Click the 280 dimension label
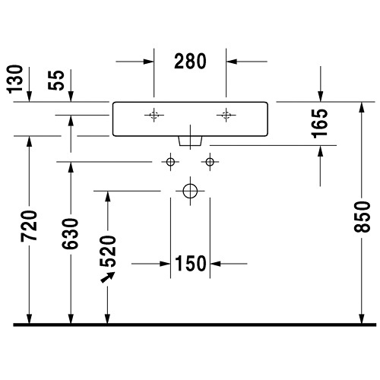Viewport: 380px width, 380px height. [190, 62]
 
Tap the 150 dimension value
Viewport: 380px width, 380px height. [191, 264]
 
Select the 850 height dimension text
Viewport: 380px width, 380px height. [362, 217]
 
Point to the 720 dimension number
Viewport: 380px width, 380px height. [30, 226]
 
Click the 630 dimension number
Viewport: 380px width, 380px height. [71, 234]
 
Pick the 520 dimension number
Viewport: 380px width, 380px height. [108, 252]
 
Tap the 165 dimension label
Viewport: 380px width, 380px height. [320, 123]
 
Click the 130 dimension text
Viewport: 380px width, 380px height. [14, 79]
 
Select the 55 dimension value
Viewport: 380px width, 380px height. [56, 80]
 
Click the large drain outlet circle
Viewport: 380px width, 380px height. [190, 184]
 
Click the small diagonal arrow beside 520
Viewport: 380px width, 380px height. [108, 277]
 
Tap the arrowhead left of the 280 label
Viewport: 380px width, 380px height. [148, 62]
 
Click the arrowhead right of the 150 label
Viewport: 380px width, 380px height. [215, 264]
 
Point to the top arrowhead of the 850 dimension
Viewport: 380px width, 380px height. [362, 107]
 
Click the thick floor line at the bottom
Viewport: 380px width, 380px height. [195, 325]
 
